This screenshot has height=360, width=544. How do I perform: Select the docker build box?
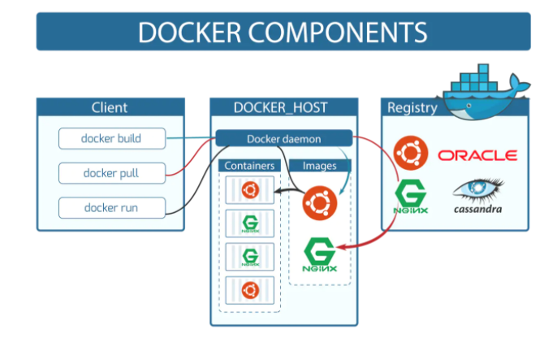tap(111, 138)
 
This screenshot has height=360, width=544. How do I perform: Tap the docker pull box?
tap(111, 172)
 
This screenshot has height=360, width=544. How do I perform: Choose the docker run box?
tap(111, 207)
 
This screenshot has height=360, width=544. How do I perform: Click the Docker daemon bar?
tap(283, 138)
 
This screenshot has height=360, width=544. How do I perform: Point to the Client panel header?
tap(109, 107)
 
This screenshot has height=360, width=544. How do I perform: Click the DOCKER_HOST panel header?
tap(283, 107)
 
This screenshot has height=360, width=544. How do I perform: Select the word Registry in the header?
tap(412, 107)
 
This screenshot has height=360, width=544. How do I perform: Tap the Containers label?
tap(249, 166)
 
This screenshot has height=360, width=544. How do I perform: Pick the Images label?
tap(319, 166)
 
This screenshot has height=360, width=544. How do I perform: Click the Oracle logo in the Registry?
tap(477, 155)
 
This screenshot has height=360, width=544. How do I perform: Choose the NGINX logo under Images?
tap(320, 255)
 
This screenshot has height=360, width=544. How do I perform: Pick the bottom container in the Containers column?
tap(249, 288)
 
